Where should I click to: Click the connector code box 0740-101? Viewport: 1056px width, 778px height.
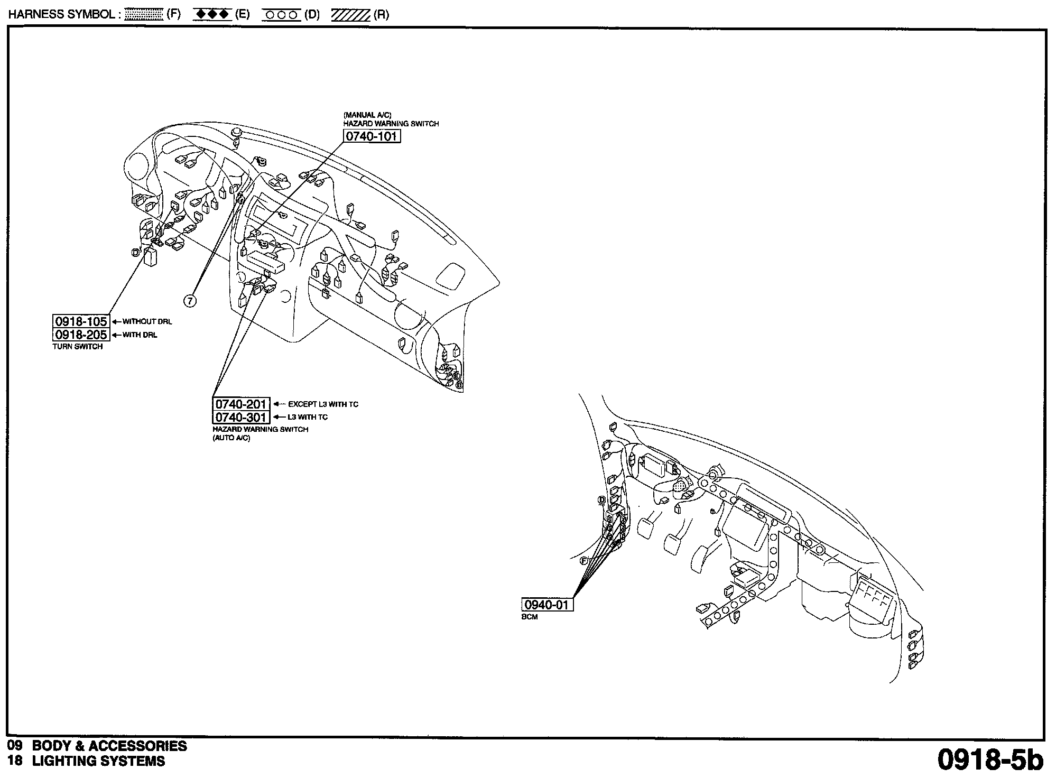371,136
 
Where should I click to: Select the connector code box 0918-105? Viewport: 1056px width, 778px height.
81,321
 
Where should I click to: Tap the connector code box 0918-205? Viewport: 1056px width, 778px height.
81,335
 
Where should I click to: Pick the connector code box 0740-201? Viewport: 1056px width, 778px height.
241,404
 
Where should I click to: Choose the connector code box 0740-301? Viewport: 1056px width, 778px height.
241,417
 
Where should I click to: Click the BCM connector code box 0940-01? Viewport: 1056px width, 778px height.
547,605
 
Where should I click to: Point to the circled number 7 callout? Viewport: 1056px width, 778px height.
190,301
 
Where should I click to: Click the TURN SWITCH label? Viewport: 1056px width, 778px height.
78,347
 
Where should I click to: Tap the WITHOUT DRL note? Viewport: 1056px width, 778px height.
147,321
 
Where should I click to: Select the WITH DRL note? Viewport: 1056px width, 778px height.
140,335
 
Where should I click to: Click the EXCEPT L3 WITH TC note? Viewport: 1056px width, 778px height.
323,404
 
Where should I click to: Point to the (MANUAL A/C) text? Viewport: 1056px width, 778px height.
367,115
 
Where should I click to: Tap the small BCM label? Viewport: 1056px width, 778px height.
530,617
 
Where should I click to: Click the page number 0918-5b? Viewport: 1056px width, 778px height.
990,760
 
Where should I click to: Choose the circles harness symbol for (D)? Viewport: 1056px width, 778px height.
281,15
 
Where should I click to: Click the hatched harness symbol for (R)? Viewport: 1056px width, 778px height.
350,15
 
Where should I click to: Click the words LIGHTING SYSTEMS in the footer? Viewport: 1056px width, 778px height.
98,761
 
